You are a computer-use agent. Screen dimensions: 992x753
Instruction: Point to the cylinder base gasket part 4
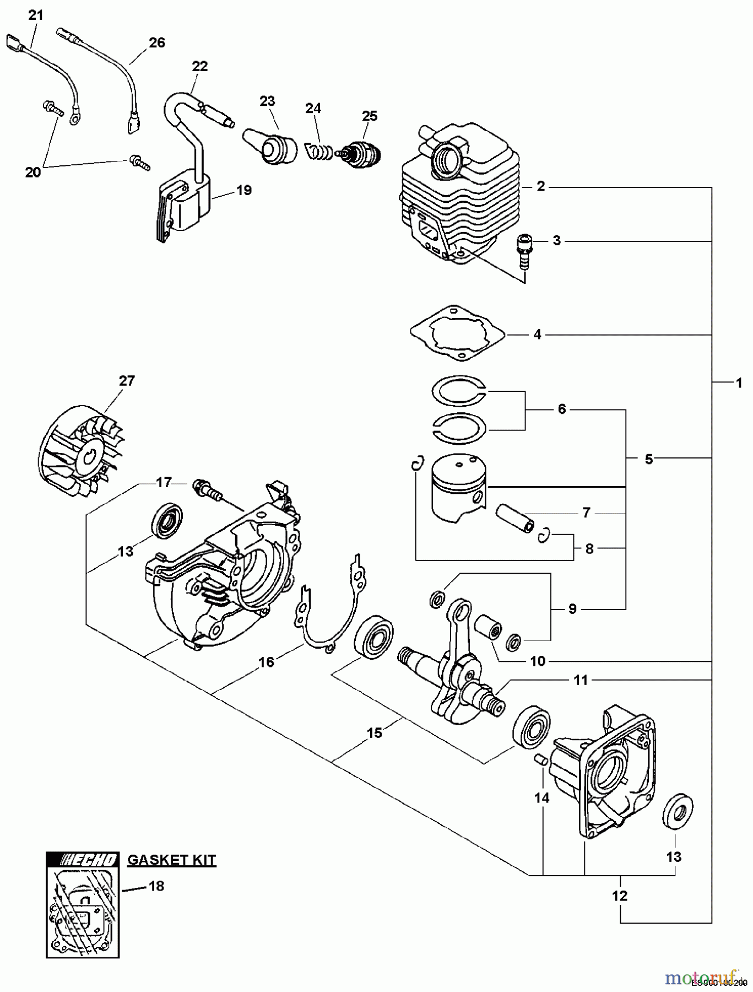pyautogui.click(x=457, y=333)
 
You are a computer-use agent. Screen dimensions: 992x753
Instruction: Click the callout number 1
pyautogui.click(x=739, y=382)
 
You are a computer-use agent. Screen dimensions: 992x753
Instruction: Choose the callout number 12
pyautogui.click(x=620, y=896)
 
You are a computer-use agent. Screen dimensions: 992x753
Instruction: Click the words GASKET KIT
pyautogui.click(x=171, y=860)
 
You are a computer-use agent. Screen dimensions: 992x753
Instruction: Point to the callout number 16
pyautogui.click(x=266, y=661)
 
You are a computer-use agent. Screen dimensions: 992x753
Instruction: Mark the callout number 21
pyautogui.click(x=35, y=15)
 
